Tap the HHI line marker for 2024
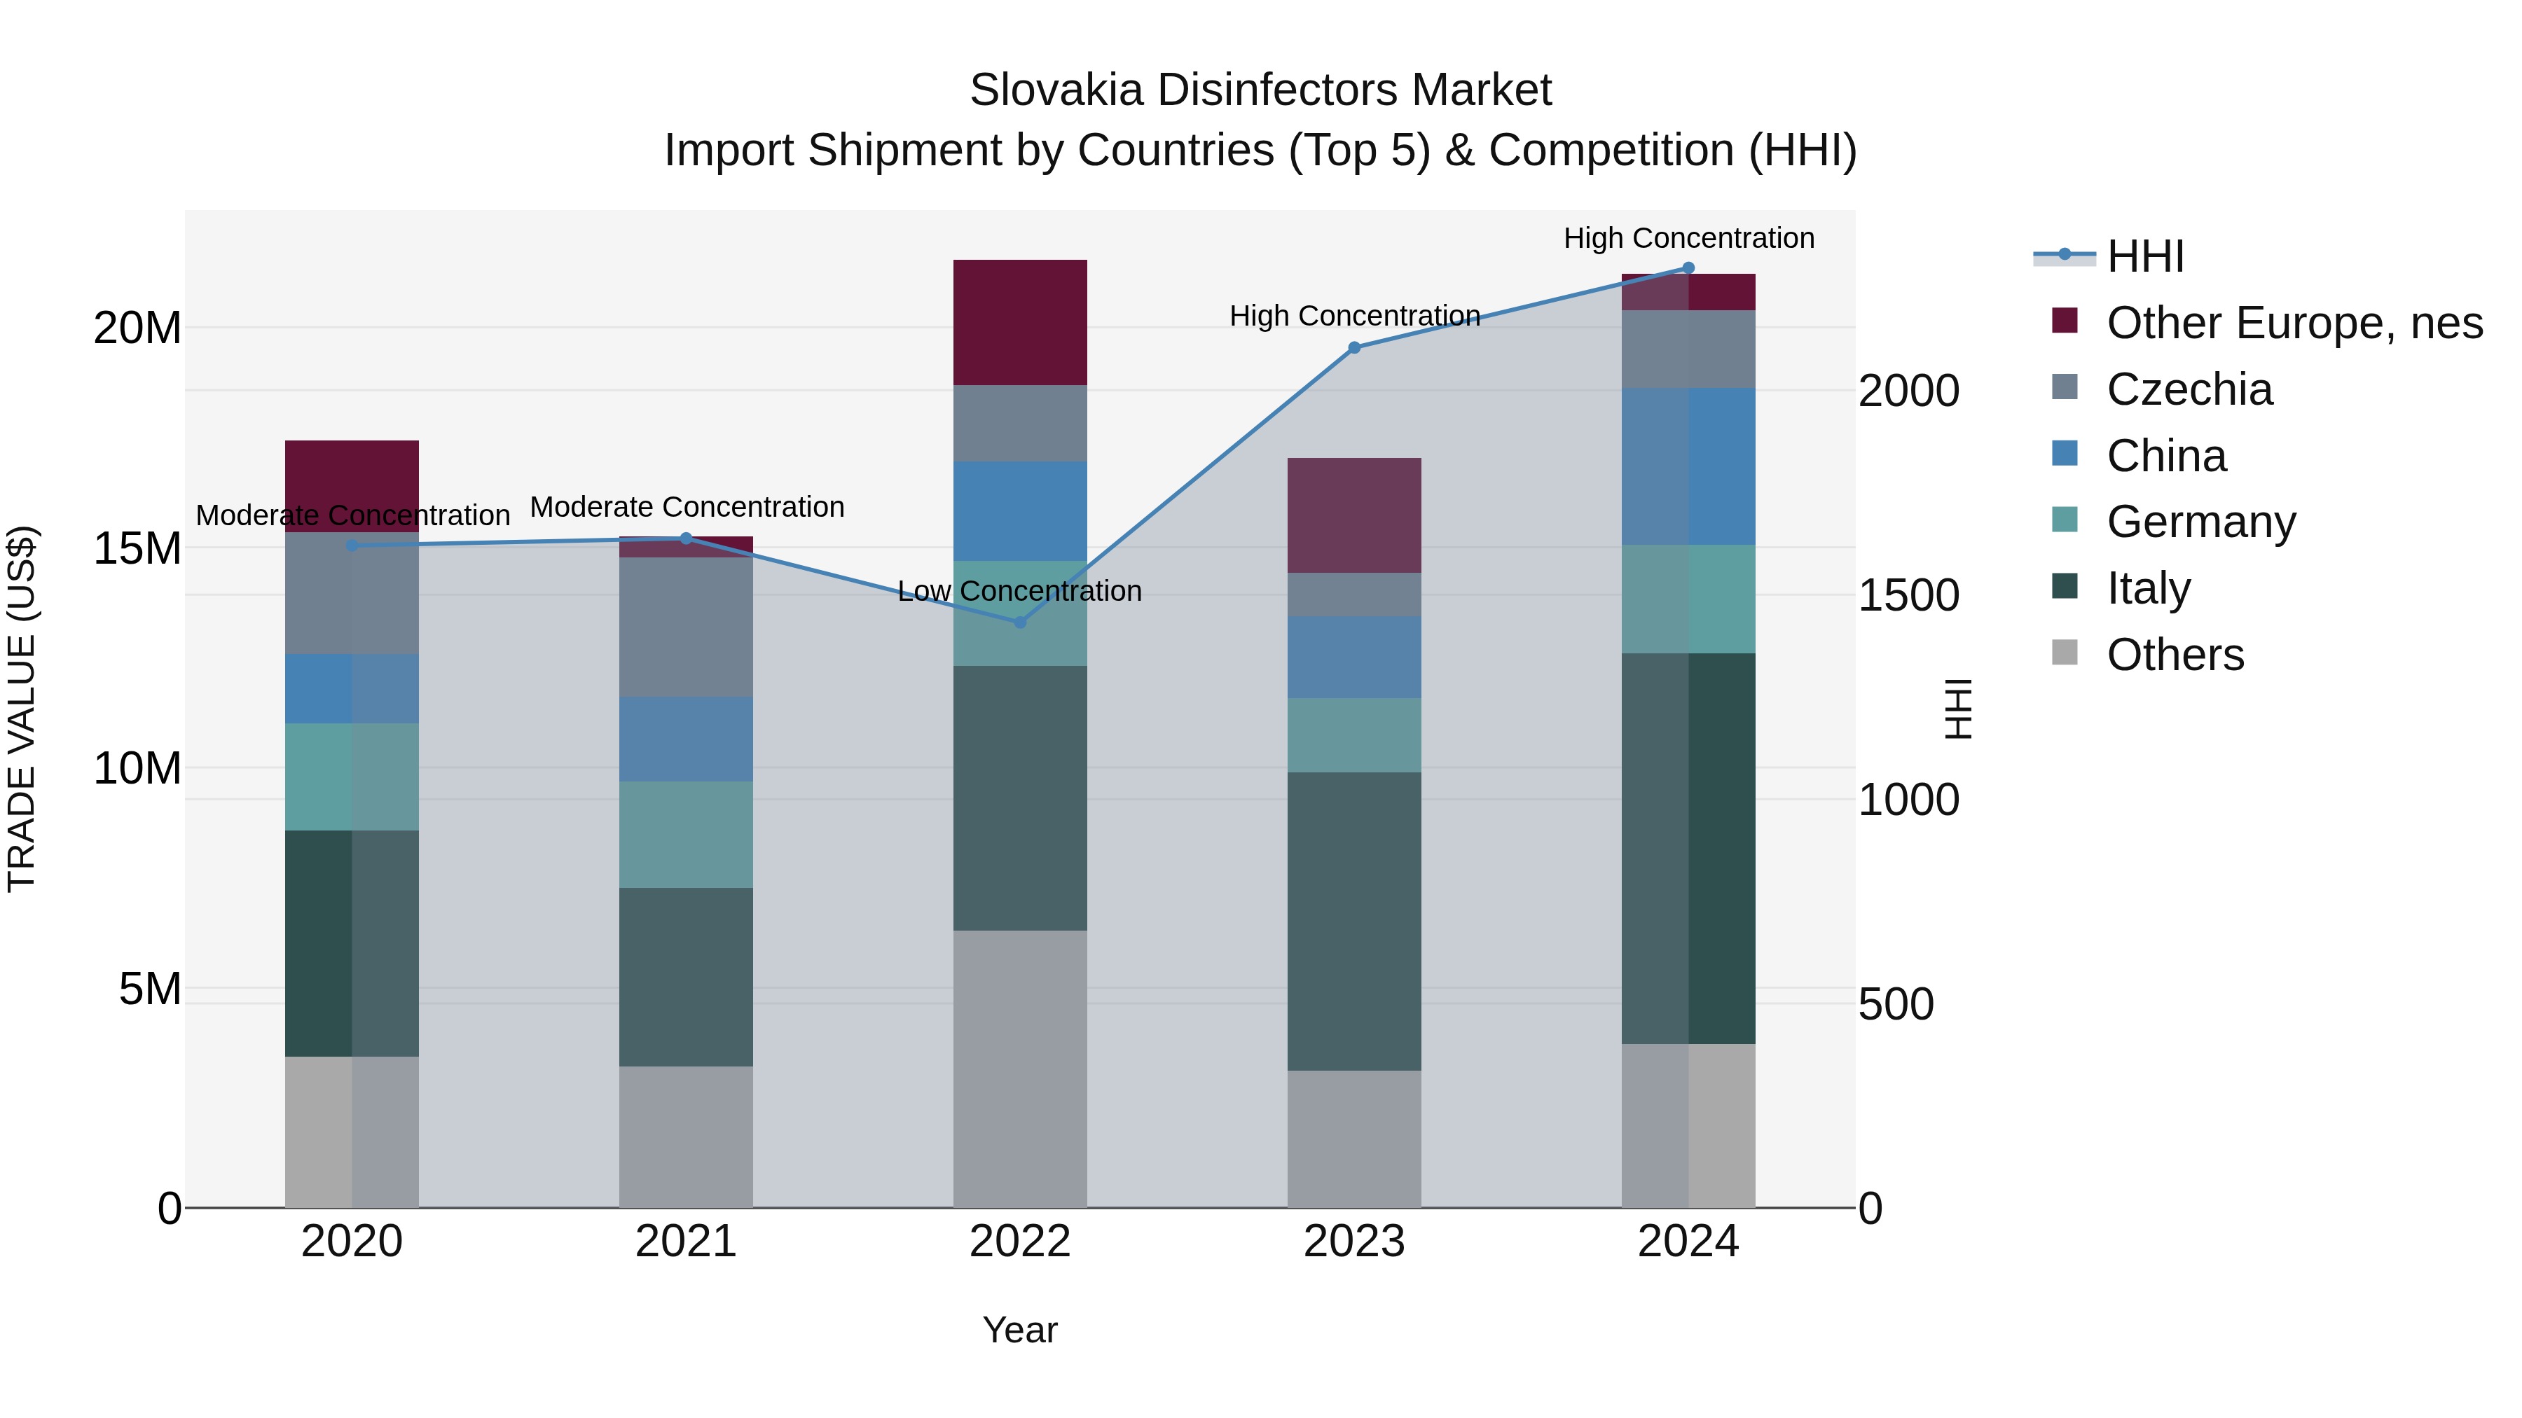coord(1688,268)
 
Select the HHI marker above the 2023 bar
coord(1354,347)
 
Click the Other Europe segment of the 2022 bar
coord(1019,322)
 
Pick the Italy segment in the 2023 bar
coord(1354,921)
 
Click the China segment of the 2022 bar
coord(1019,511)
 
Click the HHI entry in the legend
coord(2144,256)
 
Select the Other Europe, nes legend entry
coord(2294,323)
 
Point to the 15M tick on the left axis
coord(137,548)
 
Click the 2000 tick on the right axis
coord(1908,391)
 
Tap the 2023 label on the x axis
coord(1354,1242)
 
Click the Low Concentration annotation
coord(1019,591)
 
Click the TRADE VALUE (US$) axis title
coord(22,709)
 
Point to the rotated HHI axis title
coord(1958,709)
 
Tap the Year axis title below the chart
coord(1019,1330)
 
